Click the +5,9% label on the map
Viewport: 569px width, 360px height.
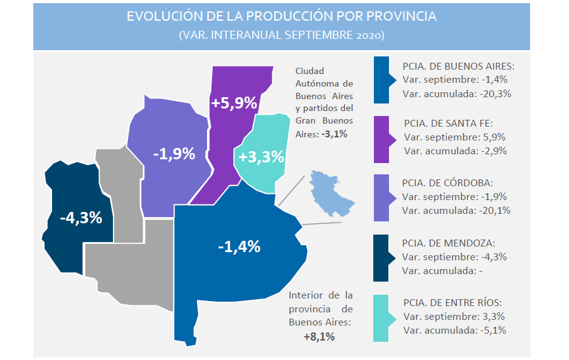[234, 103]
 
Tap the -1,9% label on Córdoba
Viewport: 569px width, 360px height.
[174, 154]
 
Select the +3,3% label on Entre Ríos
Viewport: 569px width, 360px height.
[261, 157]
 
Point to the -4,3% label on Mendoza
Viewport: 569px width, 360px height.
[81, 218]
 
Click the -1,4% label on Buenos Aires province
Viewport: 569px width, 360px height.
[239, 246]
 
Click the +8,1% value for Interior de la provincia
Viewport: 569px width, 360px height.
[319, 337]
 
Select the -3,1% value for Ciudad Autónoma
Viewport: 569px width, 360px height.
[334, 134]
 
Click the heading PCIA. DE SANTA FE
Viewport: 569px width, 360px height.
[449, 124]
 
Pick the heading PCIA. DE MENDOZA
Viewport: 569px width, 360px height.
[449, 243]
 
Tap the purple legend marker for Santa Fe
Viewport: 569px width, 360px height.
[385, 140]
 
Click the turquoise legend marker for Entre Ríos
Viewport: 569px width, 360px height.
[385, 318]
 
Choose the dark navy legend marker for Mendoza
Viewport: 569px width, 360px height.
[384, 258]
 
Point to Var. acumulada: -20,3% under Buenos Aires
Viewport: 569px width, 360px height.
[457, 94]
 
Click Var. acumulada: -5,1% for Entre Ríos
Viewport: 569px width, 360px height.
[455, 331]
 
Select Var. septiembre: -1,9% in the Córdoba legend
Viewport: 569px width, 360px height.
[454, 197]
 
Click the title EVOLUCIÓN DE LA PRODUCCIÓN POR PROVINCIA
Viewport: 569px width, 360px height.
[282, 16]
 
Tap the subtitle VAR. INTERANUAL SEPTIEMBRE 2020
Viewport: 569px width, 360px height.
[282, 35]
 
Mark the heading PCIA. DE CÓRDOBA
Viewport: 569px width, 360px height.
[447, 183]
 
